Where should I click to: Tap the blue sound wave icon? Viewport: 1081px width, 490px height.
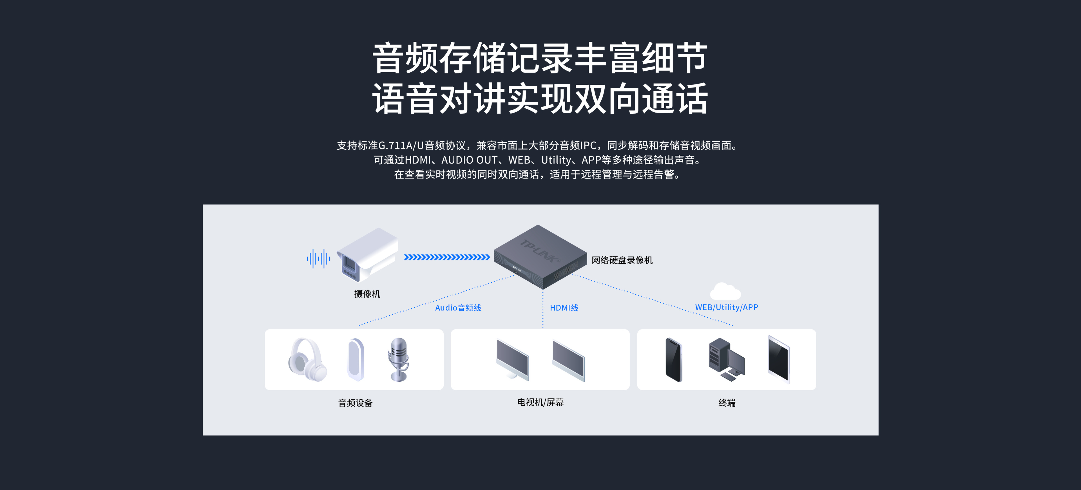coord(318,259)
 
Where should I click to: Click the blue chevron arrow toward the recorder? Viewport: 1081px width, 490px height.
coord(446,257)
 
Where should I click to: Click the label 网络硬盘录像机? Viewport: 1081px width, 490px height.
coord(622,260)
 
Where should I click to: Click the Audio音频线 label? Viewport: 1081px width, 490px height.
coord(458,308)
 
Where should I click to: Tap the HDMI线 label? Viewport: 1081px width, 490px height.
coord(564,308)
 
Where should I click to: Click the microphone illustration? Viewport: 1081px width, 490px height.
coord(398,359)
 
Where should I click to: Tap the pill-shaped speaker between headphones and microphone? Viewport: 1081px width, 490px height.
coord(356,359)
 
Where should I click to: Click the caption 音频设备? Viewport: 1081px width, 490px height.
coord(356,403)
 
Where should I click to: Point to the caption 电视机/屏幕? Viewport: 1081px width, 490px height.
coord(540,402)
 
